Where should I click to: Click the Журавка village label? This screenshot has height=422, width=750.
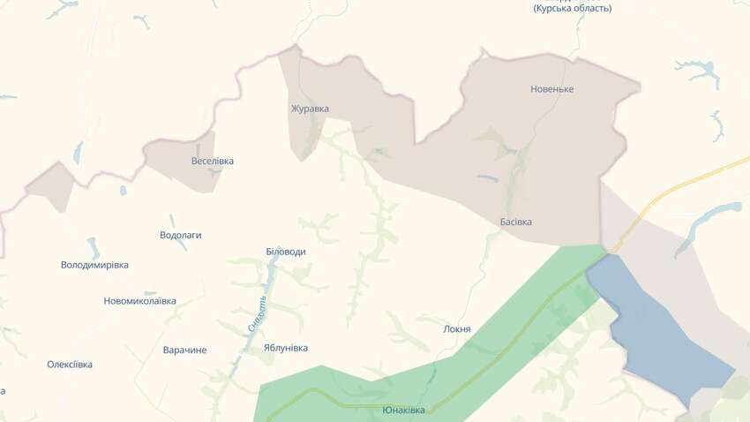(x=310, y=109)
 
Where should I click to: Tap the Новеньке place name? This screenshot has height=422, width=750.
(x=552, y=89)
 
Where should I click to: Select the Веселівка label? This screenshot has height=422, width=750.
(x=213, y=162)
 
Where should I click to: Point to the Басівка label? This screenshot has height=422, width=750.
(x=515, y=222)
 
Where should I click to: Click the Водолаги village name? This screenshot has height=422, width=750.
(x=181, y=236)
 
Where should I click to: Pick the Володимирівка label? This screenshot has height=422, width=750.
(x=94, y=265)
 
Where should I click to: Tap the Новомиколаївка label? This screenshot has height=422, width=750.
(x=139, y=301)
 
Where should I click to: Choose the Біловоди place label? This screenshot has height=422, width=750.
(x=286, y=252)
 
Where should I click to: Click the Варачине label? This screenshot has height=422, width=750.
(x=184, y=350)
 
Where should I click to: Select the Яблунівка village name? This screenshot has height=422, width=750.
(x=286, y=348)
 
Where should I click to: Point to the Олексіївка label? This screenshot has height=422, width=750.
(x=70, y=365)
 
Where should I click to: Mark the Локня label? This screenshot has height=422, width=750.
(x=457, y=329)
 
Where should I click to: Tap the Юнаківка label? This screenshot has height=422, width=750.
(x=403, y=411)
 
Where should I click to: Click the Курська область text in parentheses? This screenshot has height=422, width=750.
(x=572, y=9)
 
